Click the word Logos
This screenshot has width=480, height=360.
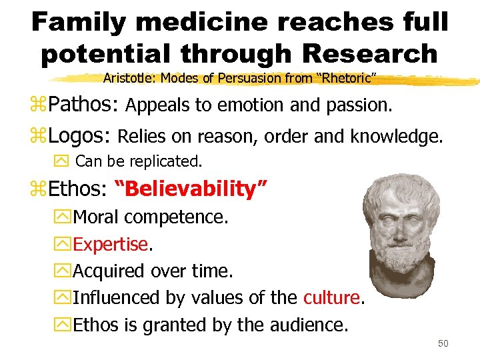[79, 136]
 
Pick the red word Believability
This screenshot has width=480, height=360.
[190, 189]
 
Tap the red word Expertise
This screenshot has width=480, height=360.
[111, 245]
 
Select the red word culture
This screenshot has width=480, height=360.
[331, 297]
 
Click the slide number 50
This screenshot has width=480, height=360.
[444, 343]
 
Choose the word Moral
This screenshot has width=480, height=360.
[96, 217]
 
